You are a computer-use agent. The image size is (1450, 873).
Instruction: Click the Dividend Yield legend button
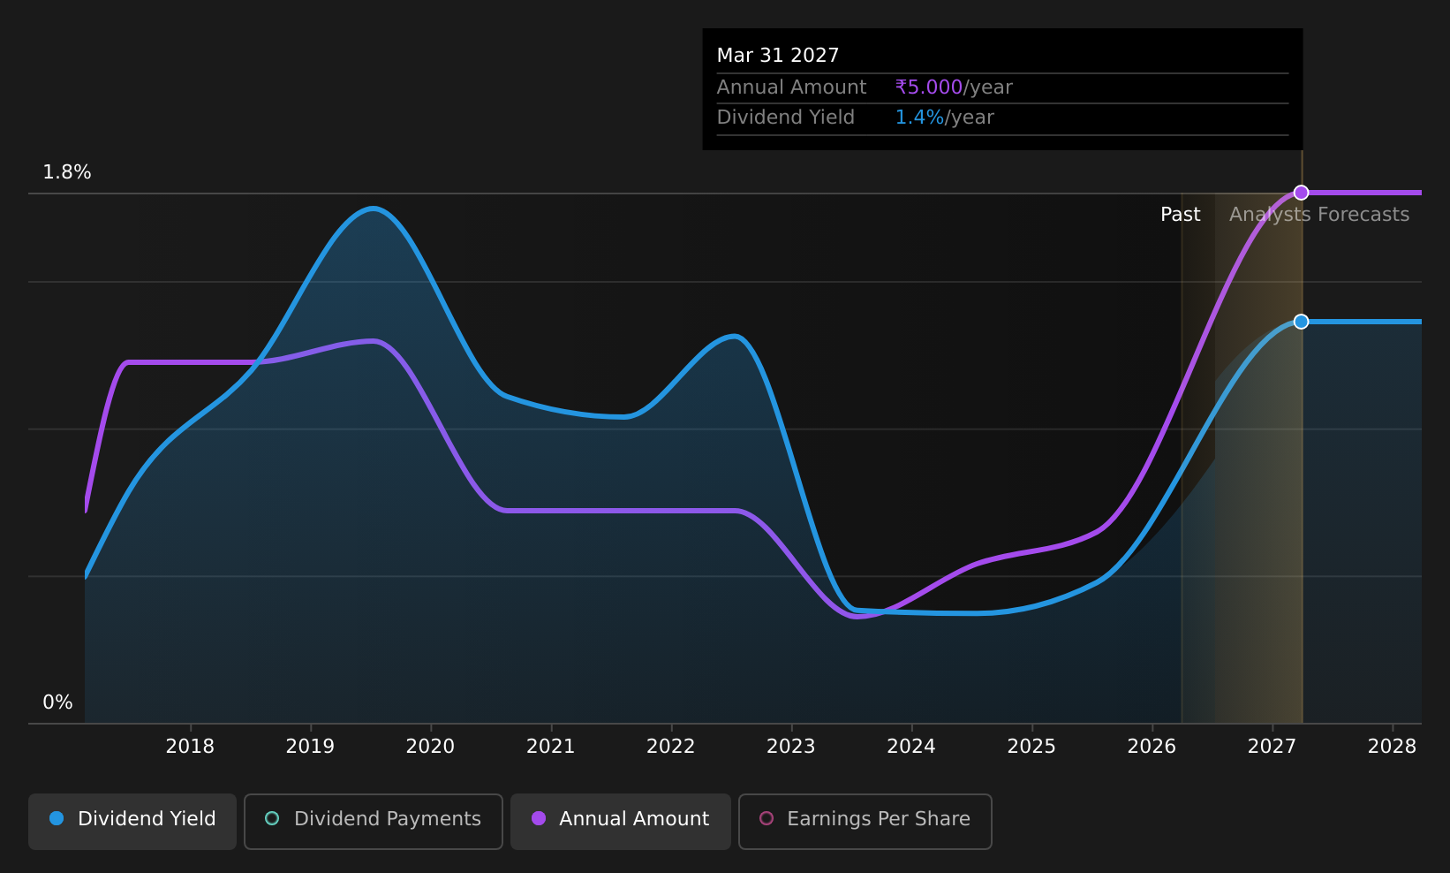[132, 821]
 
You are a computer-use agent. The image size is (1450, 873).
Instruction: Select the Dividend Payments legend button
[374, 821]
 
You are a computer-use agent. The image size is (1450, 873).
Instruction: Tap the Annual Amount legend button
[621, 821]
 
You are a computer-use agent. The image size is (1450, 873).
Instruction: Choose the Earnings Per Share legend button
[865, 821]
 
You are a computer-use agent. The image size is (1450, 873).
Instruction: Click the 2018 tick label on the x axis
[191, 747]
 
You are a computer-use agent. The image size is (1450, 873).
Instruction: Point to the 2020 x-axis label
[430, 747]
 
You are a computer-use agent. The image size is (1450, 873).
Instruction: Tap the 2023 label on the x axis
[791, 747]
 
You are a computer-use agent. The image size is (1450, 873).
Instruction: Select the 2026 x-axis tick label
[1152, 747]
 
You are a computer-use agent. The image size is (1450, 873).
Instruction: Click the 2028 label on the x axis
[1392, 747]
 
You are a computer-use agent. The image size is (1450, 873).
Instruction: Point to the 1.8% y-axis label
[67, 172]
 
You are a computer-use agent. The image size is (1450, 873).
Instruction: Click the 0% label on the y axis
[57, 702]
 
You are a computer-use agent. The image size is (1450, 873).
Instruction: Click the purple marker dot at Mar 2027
[1301, 193]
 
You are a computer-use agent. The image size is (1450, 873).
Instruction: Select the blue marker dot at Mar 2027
[1301, 322]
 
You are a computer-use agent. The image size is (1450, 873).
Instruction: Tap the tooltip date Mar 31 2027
[778, 56]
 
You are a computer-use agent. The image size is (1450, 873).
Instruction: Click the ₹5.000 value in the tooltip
[929, 87]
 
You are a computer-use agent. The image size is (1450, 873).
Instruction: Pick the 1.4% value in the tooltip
[919, 118]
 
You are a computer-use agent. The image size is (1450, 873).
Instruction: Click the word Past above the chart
[1180, 215]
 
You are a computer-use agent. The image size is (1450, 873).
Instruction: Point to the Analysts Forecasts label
[1319, 215]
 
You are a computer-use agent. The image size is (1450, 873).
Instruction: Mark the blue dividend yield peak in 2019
[373, 209]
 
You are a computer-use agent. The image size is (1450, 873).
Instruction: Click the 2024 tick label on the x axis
[911, 747]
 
